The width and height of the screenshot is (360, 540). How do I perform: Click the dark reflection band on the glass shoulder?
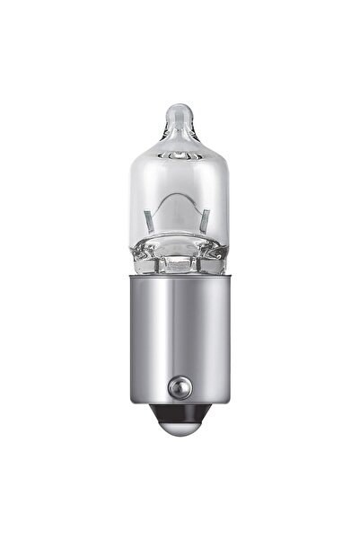180,154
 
